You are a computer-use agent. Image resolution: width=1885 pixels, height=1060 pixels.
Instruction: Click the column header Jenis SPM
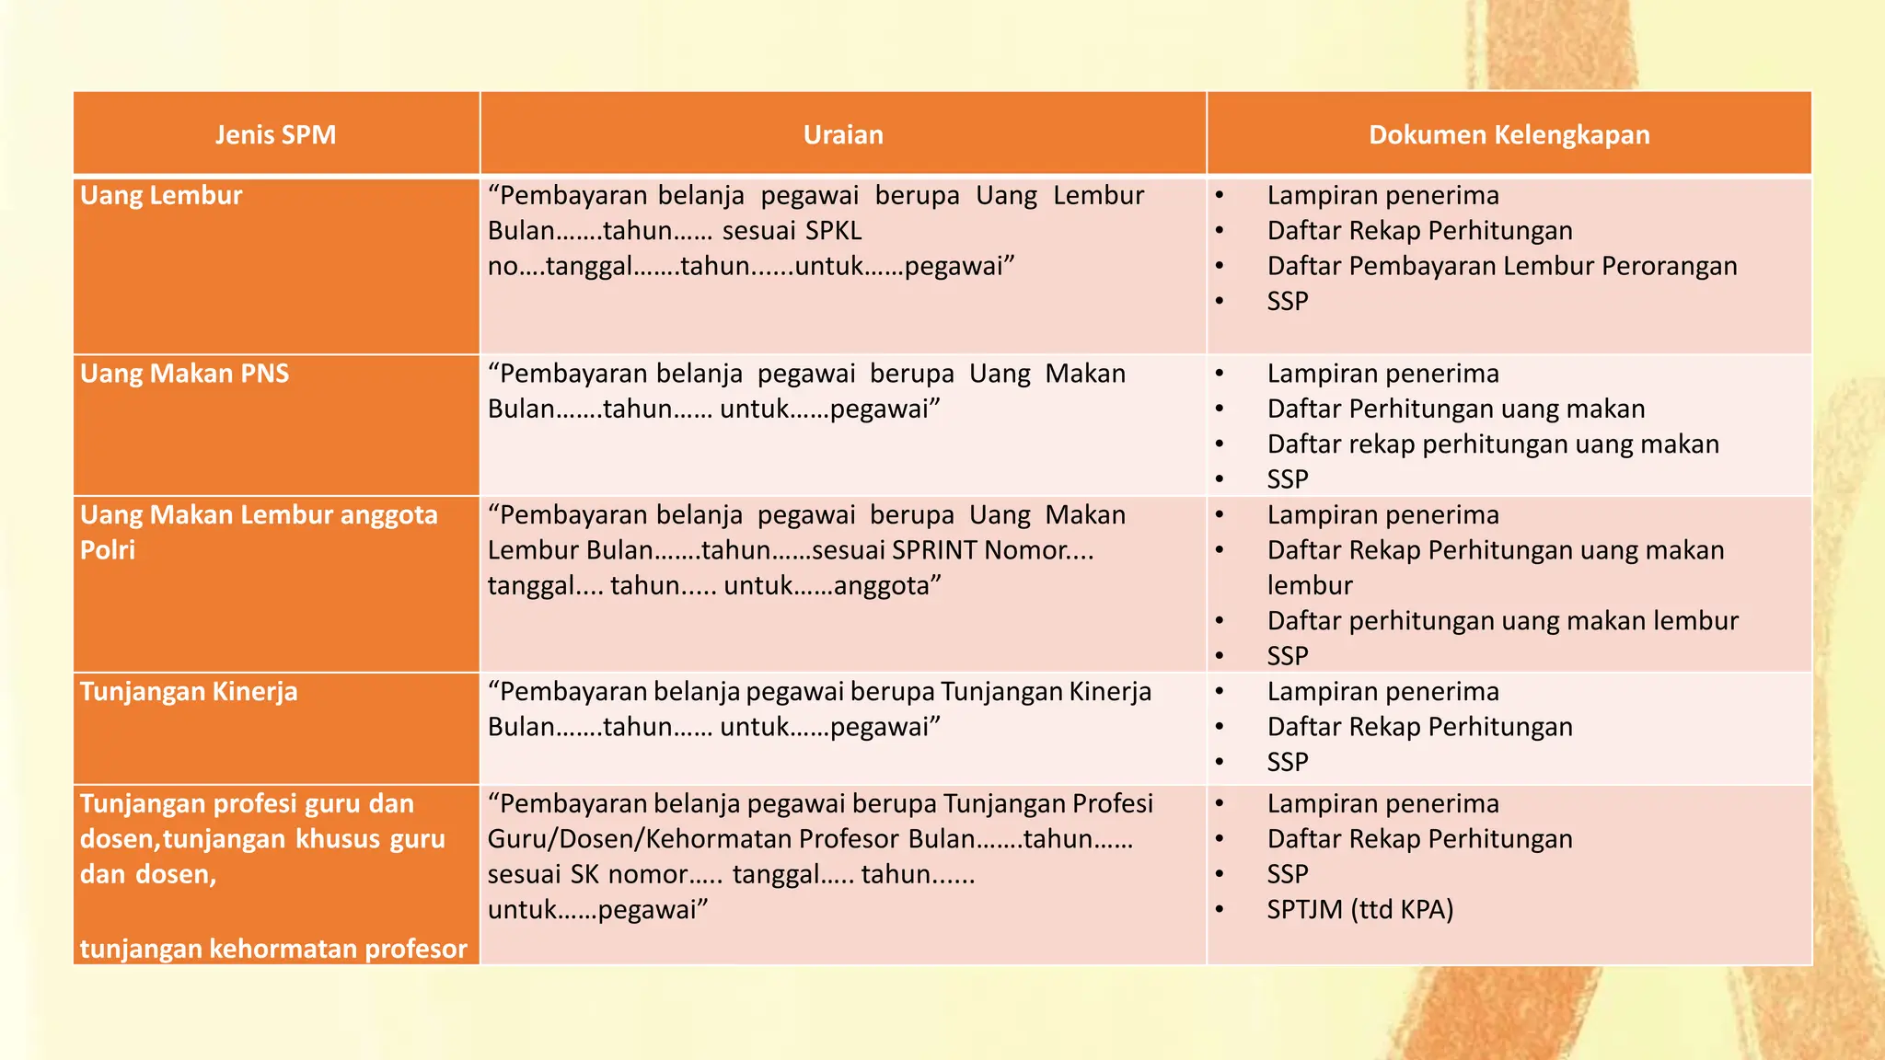[275, 135]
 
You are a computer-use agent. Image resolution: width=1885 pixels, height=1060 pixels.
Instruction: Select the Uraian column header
[842, 135]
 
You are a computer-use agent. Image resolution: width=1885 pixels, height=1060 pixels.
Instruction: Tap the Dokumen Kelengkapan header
[1509, 135]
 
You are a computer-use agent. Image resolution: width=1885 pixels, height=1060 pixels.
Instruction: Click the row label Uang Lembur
[161, 196]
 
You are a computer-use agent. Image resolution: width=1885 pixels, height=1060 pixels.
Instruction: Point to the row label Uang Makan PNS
[184, 374]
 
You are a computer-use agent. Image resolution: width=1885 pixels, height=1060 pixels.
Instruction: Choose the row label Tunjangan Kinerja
[189, 692]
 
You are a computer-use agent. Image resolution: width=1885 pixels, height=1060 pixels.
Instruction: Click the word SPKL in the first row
[832, 231]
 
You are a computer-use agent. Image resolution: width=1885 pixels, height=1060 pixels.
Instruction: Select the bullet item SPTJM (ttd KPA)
[1359, 910]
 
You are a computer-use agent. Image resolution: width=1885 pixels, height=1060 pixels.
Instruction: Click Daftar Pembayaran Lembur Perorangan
[1501, 267]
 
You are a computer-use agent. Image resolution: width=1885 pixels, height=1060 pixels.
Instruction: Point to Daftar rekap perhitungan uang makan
[1492, 444]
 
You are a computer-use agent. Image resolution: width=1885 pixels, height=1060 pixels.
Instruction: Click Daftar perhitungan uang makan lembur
[1502, 621]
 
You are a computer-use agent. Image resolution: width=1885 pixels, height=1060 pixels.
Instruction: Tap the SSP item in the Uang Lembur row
[1287, 302]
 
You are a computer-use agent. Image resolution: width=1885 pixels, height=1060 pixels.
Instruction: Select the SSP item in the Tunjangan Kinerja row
[1287, 763]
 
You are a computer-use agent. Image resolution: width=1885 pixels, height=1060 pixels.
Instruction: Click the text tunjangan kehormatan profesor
[273, 949]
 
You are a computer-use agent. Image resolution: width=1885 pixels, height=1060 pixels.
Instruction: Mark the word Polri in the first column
[108, 550]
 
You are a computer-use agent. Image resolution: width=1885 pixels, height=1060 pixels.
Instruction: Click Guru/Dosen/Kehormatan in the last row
[692, 839]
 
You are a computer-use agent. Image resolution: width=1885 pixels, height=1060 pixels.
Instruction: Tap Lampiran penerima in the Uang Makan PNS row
[1382, 374]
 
